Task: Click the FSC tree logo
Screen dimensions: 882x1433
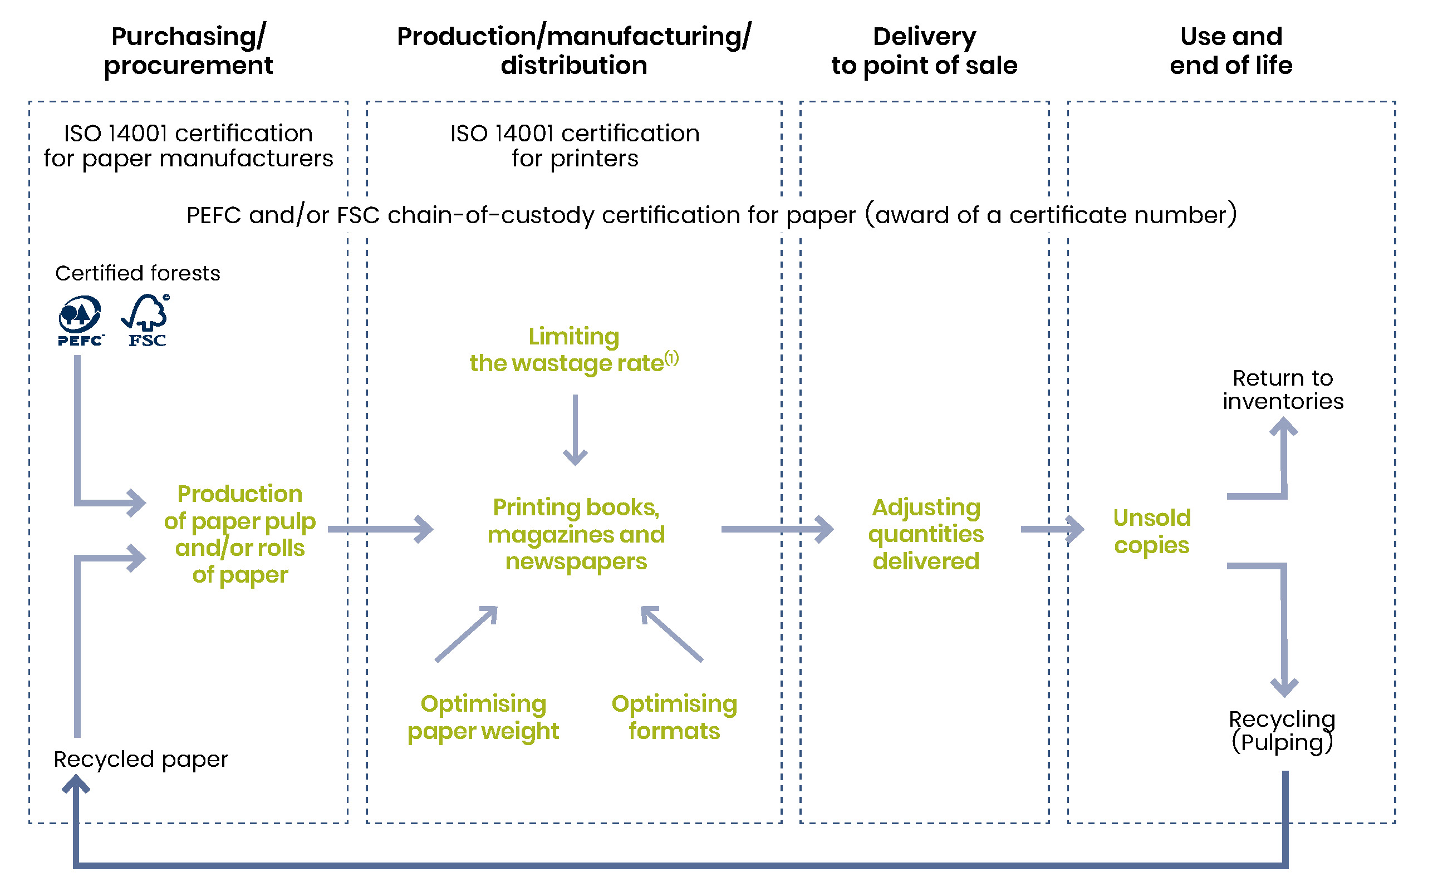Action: point(146,321)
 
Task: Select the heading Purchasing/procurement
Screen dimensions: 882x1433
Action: point(188,51)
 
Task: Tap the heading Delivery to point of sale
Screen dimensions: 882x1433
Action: point(924,51)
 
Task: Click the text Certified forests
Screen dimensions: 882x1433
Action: point(138,273)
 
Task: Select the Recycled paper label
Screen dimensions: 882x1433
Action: point(141,759)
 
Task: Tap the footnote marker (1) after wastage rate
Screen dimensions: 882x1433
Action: point(671,358)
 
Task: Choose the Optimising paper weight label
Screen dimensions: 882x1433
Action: point(483,717)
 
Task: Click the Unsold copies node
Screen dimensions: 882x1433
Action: point(1151,531)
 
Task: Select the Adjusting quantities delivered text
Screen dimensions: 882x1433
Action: point(925,534)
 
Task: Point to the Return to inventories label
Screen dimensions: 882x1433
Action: point(1282,390)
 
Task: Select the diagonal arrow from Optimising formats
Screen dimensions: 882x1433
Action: point(672,634)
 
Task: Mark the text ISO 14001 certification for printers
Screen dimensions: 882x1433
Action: point(574,146)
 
